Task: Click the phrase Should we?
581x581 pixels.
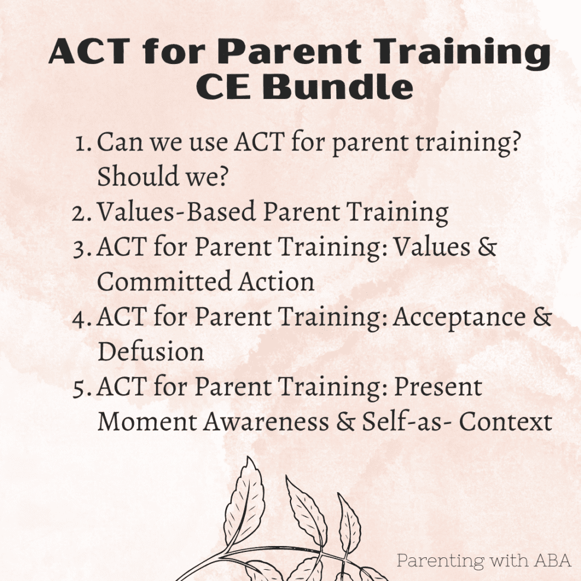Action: click(162, 177)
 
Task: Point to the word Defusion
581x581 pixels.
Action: click(151, 352)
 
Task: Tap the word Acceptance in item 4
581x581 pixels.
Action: click(459, 317)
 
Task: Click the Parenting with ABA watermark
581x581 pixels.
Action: click(483, 560)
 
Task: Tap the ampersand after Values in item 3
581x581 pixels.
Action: click(487, 247)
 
